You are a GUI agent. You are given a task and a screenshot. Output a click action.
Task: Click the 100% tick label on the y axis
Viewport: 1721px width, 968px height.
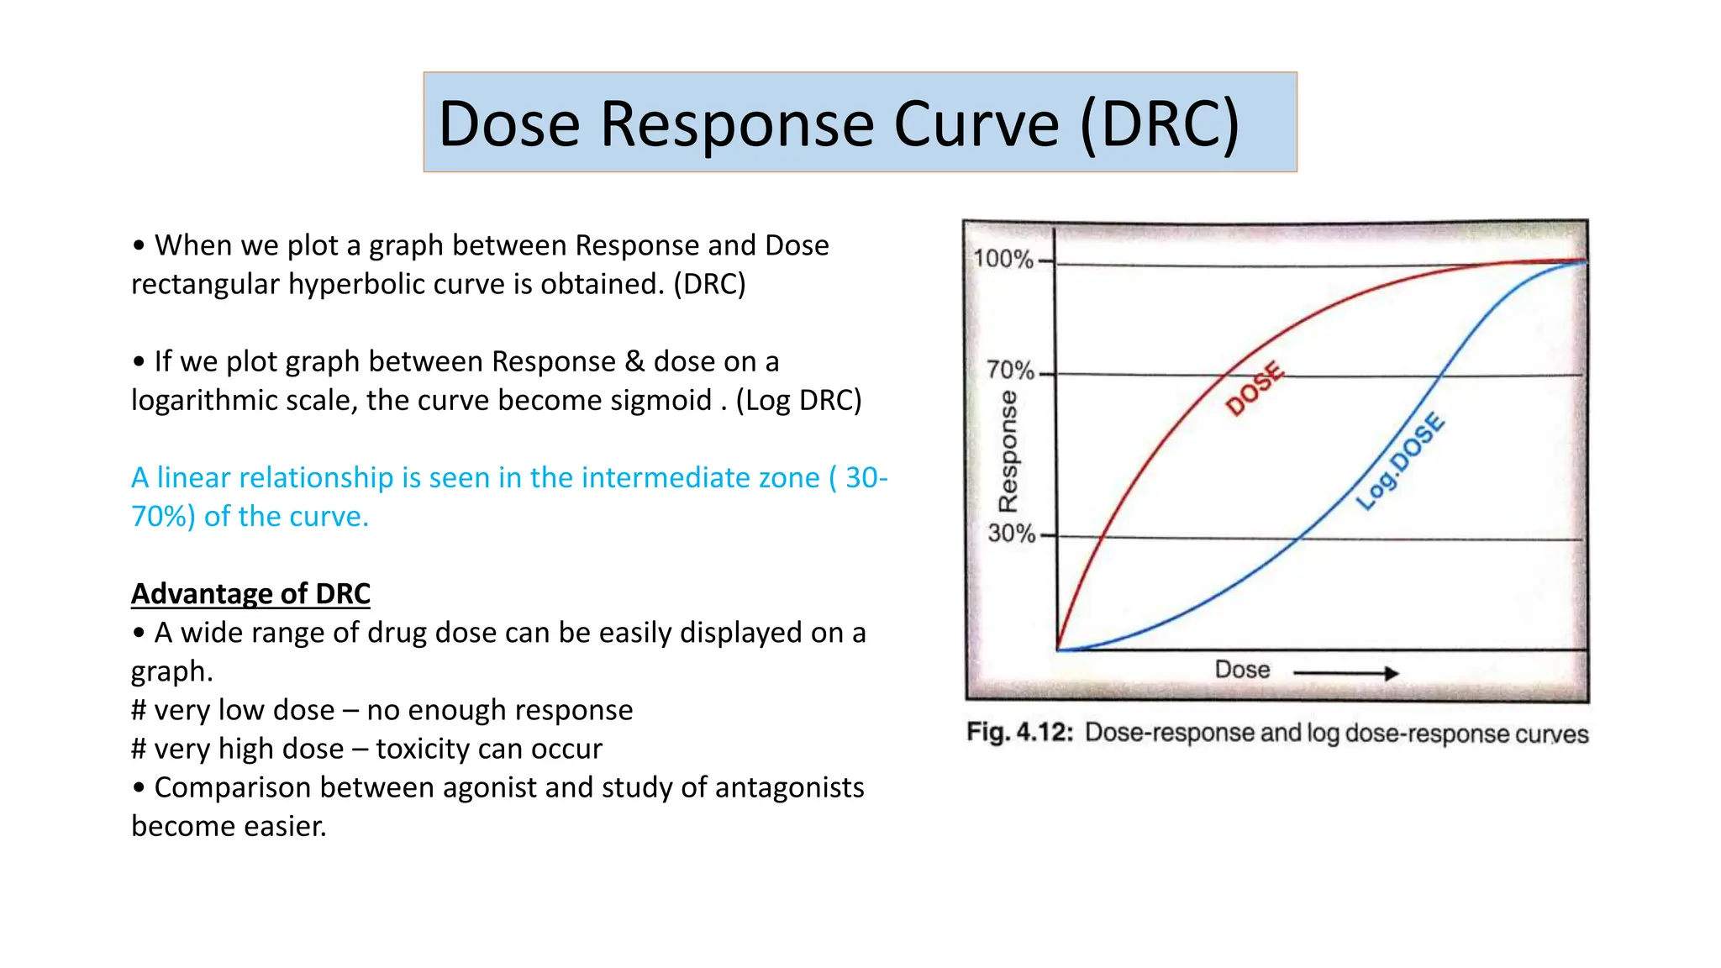pos(1003,258)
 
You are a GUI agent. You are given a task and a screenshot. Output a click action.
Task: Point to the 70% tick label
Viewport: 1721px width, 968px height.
pos(1009,370)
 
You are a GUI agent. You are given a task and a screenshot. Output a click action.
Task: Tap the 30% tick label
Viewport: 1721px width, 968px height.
pos(1011,533)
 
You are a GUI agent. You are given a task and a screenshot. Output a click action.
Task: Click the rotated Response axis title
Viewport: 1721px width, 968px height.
pos(1007,451)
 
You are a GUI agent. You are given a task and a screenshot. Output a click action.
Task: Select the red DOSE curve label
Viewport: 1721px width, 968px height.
pos(1255,388)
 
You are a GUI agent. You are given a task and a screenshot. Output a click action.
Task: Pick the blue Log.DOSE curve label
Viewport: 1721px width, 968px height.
pos(1401,461)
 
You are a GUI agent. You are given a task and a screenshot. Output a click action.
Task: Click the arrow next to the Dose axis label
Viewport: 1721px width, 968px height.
pos(1345,673)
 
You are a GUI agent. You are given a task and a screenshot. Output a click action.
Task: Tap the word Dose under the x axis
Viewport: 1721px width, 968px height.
pos(1242,670)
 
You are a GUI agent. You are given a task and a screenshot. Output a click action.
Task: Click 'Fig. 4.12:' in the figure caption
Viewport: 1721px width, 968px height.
pos(1019,732)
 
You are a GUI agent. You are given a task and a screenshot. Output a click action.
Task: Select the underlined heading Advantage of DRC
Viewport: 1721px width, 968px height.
pos(250,593)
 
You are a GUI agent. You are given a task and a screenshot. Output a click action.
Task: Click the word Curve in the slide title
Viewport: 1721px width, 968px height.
pos(976,124)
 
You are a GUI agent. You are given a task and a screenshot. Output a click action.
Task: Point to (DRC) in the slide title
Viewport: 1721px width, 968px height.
pos(1160,124)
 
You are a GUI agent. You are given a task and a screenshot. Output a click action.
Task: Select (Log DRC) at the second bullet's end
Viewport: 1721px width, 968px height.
pos(798,400)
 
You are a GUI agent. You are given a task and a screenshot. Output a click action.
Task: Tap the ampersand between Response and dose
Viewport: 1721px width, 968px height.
pos(634,361)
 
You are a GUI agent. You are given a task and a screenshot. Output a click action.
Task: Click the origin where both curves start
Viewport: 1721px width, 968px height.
pos(1058,650)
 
